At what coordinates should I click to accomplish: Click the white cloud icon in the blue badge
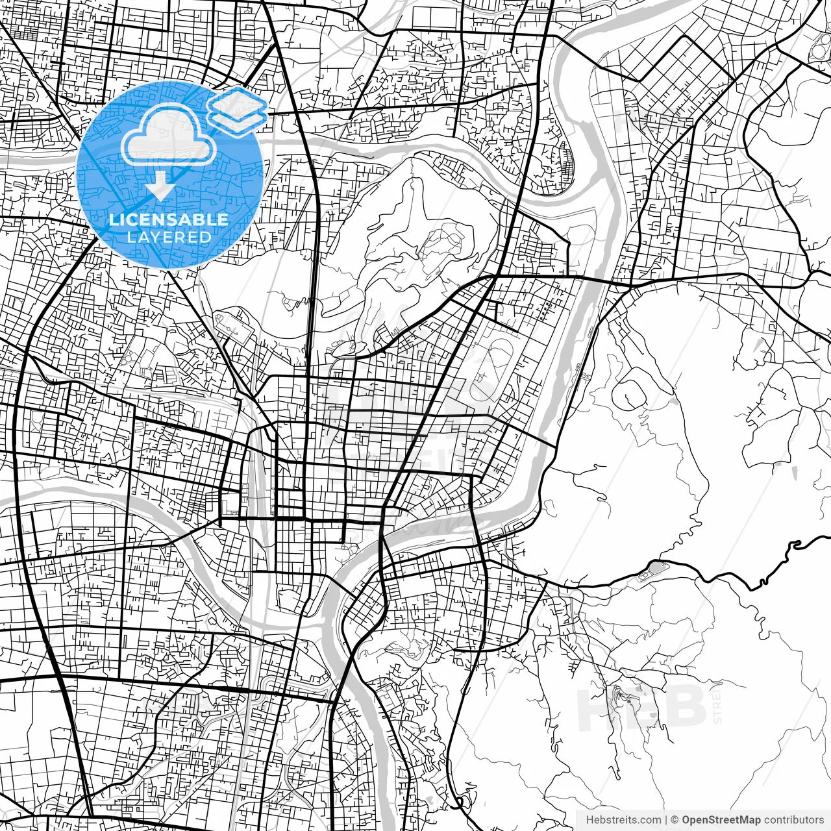(169, 138)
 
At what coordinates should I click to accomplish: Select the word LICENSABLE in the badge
(169, 219)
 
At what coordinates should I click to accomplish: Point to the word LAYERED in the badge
(169, 237)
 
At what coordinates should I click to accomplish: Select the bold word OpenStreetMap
(721, 819)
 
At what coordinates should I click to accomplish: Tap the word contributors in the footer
(793, 819)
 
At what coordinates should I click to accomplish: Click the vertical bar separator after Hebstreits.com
(666, 819)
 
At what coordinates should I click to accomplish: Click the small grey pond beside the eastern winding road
(652, 571)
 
